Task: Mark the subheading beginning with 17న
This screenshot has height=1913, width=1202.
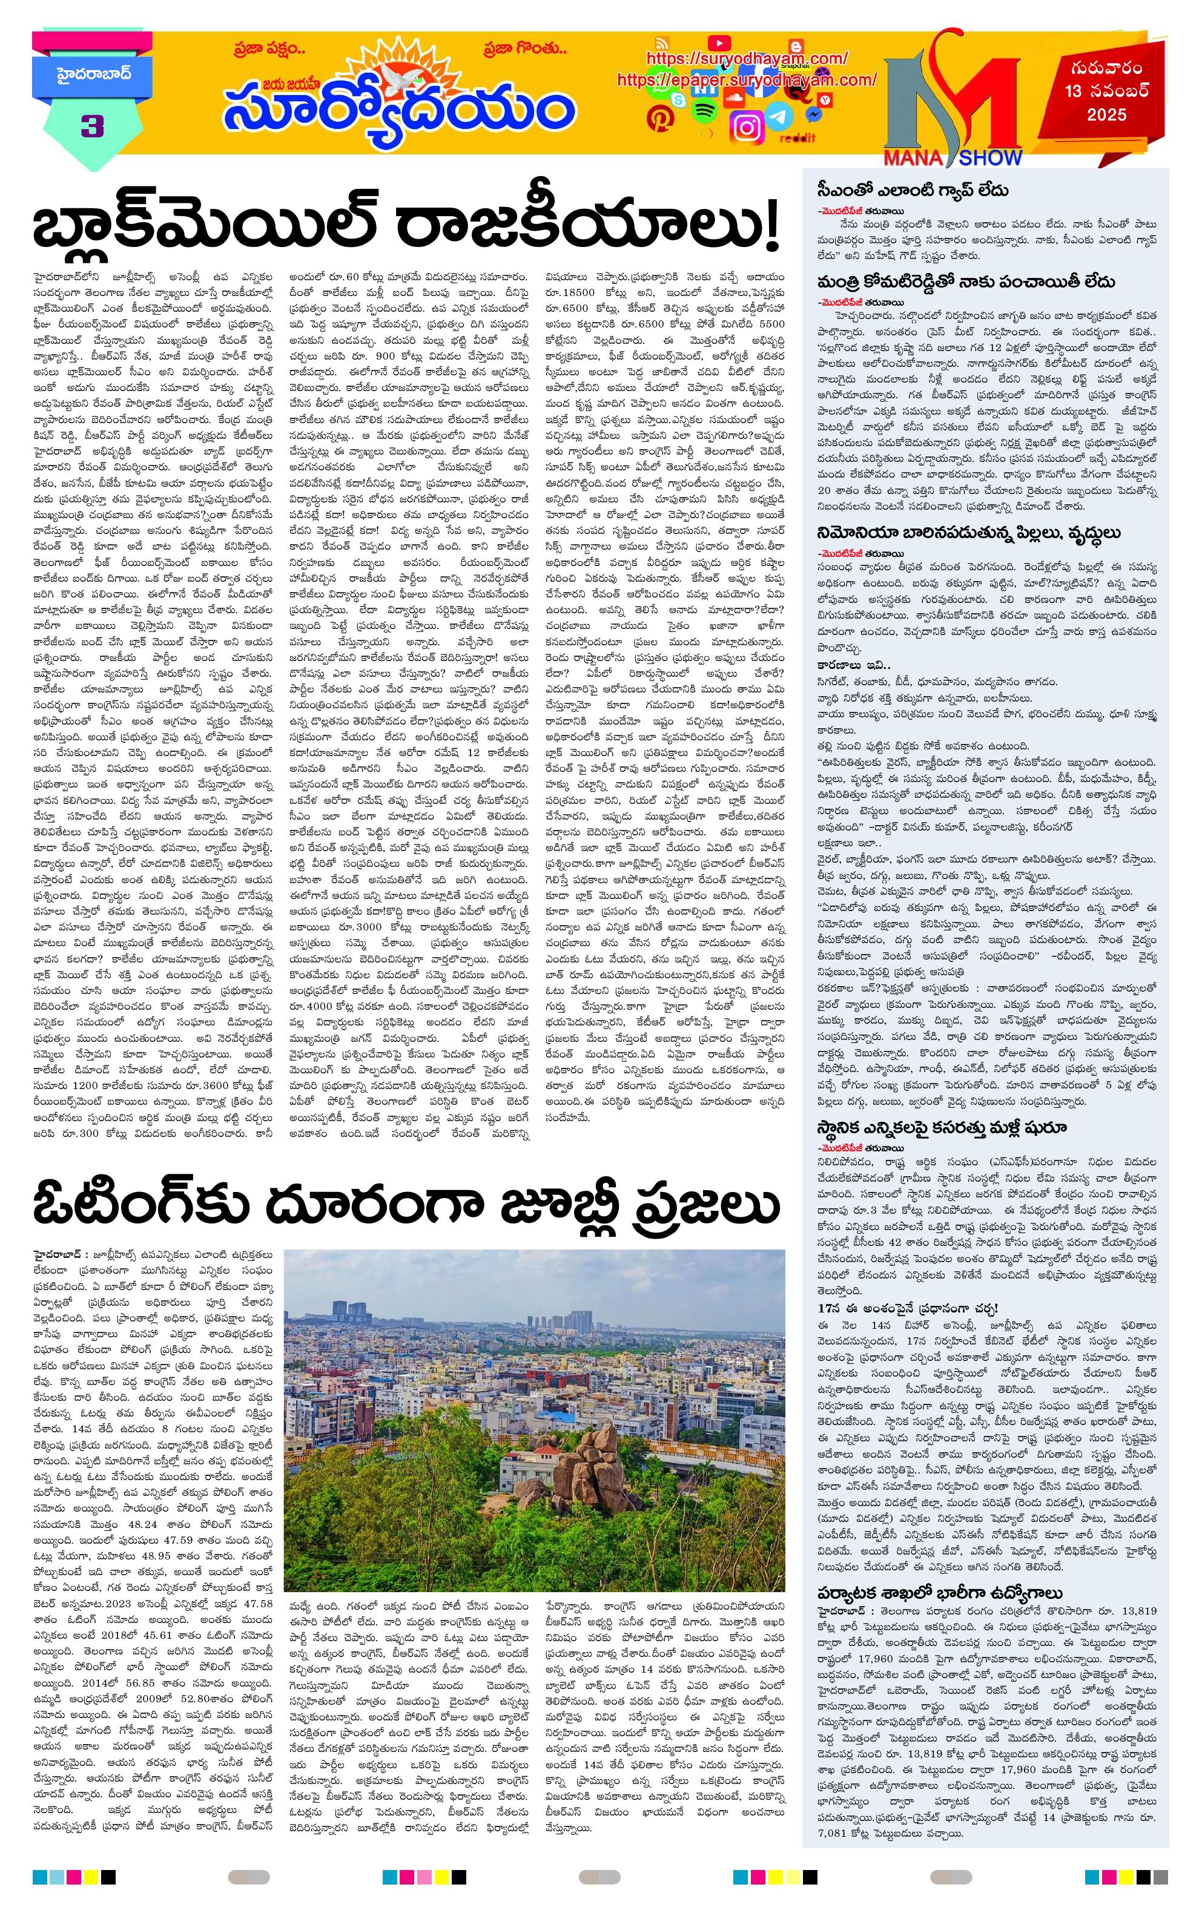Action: click(x=906, y=1307)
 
